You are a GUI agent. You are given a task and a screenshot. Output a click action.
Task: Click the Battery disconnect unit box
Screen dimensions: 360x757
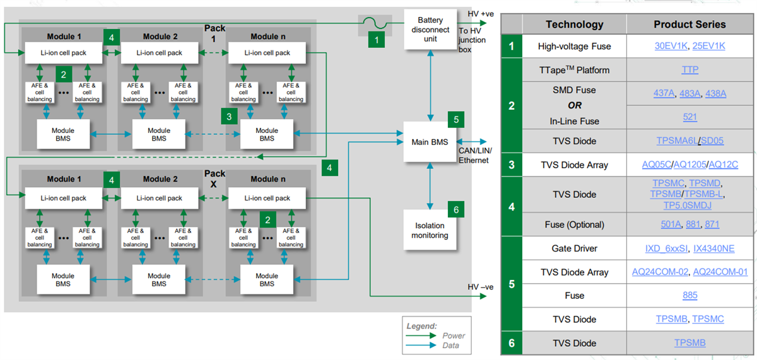click(x=430, y=29)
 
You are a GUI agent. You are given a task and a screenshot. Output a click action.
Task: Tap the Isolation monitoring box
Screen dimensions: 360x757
click(x=430, y=230)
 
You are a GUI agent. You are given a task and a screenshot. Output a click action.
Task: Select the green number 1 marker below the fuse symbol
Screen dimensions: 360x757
click(x=377, y=40)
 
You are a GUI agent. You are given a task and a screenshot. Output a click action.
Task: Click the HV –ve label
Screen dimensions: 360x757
click(x=481, y=287)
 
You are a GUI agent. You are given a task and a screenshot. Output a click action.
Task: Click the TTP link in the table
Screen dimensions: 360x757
click(x=690, y=70)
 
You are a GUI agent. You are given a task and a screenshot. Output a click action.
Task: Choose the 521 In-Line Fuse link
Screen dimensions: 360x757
click(x=690, y=117)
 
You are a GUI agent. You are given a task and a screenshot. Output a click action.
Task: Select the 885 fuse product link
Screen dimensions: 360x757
click(x=690, y=295)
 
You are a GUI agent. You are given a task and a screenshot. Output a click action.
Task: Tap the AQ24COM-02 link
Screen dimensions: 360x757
click(x=660, y=272)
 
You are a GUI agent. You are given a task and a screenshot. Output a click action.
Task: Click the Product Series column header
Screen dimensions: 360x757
click(x=690, y=25)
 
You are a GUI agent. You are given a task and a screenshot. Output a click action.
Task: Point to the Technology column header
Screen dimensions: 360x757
click(x=574, y=25)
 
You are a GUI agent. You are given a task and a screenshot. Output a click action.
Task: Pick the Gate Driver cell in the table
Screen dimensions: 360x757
click(x=574, y=248)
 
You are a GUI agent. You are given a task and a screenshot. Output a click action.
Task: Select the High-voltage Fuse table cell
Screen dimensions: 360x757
click(x=574, y=46)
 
